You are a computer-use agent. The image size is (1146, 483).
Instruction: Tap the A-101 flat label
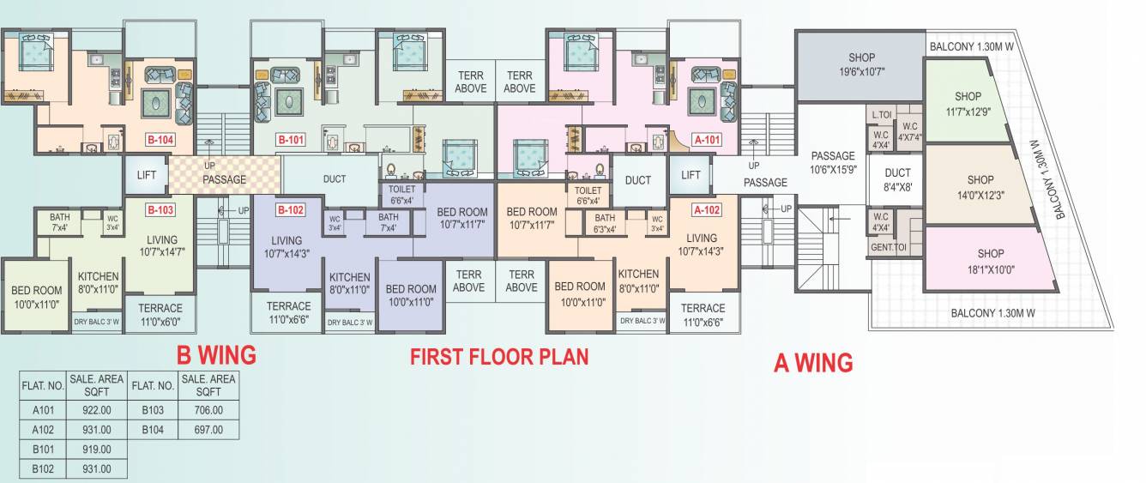(707, 139)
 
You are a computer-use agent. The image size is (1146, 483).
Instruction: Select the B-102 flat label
(291, 209)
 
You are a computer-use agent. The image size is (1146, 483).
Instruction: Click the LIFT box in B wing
(146, 175)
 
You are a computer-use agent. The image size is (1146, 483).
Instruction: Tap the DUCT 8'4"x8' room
(897, 180)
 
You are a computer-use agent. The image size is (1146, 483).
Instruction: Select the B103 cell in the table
(153, 410)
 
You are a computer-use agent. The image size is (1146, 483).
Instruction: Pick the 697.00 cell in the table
(208, 430)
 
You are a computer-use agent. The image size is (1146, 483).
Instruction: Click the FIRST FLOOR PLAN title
(499, 356)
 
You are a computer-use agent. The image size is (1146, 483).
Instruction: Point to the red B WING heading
(216, 354)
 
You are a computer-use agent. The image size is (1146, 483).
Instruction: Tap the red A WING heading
(813, 363)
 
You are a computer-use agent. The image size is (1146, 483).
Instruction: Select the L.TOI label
(879, 115)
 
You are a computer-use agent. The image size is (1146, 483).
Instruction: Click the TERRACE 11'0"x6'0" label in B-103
(160, 315)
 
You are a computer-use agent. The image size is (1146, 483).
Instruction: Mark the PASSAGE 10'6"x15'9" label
(832, 162)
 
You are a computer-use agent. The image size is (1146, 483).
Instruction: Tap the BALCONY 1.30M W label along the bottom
(992, 313)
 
